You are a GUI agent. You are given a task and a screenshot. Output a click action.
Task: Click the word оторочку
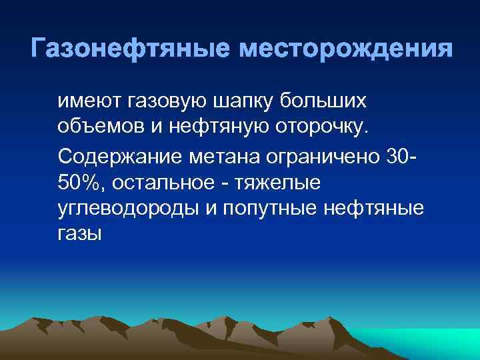[316, 127]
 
